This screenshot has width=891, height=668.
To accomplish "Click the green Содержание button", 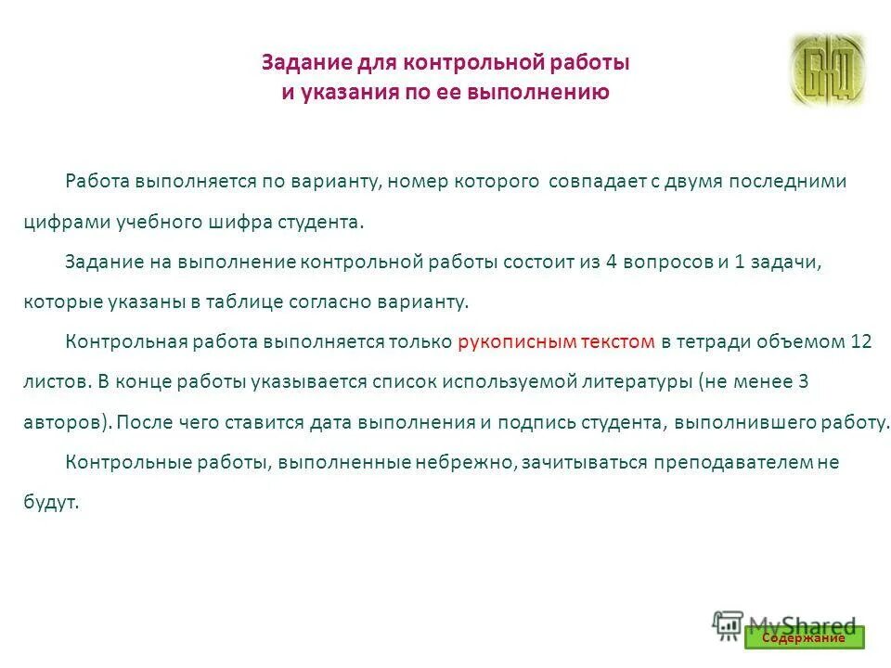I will pyautogui.click(x=804, y=637).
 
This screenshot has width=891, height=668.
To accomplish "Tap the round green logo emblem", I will pyautogui.click(x=826, y=70).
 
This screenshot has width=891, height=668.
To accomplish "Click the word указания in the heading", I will pyautogui.click(x=340, y=92).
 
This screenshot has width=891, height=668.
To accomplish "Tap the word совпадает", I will pyautogui.click(x=589, y=181).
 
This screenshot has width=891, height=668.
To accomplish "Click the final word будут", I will pyautogui.click(x=50, y=503).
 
